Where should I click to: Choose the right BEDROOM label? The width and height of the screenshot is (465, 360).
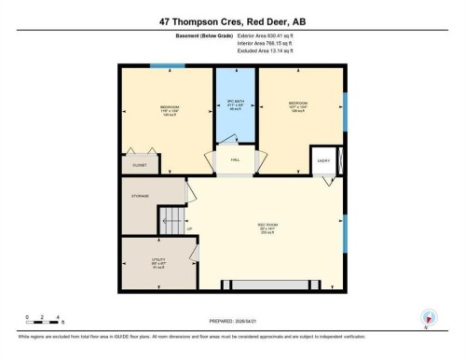click(x=298, y=104)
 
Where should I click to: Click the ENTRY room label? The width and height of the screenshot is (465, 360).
click(x=322, y=160)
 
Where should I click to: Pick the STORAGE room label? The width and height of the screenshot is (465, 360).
click(x=141, y=195)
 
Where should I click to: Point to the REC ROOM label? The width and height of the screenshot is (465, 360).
click(x=268, y=227)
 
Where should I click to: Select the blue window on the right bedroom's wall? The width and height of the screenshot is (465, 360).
click(x=345, y=111)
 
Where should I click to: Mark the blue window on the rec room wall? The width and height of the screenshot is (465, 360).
click(x=345, y=232)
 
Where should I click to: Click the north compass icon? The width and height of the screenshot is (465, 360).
click(x=429, y=317)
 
